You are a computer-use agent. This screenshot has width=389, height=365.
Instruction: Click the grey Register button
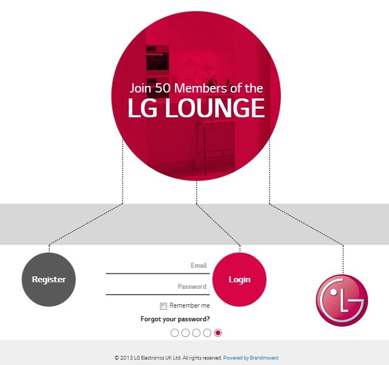point(49,279)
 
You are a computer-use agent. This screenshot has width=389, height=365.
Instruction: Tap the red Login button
point(239,279)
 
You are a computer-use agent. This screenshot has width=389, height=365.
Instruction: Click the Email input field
point(158,267)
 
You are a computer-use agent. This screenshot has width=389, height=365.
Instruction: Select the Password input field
point(158,288)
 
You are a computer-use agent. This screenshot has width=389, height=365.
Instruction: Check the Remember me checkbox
point(163,306)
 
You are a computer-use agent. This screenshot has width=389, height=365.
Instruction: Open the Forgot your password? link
point(175,319)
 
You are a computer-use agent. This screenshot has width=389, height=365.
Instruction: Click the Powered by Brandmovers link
point(251,358)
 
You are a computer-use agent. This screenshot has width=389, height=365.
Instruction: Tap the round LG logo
point(342,300)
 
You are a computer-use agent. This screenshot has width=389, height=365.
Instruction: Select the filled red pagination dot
point(218,333)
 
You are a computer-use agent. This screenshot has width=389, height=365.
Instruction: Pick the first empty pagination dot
point(174,333)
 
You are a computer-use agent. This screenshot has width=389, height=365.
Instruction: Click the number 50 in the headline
point(162,88)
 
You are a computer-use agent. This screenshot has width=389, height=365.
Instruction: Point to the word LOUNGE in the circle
point(215,108)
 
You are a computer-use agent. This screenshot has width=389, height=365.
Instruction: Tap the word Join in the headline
point(140,88)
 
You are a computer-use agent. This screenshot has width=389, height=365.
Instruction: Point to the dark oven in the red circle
point(157,58)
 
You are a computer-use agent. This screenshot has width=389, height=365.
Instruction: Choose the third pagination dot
point(196,333)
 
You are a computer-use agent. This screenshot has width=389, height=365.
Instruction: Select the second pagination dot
point(185,333)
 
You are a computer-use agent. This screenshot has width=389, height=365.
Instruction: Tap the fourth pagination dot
point(207,333)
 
